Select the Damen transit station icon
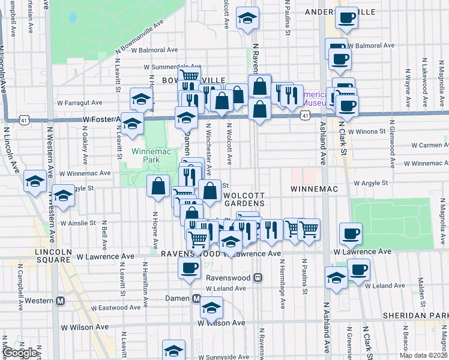tap(196, 298)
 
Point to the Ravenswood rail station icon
tap(258, 278)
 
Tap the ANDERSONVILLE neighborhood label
tap(340, 11)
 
